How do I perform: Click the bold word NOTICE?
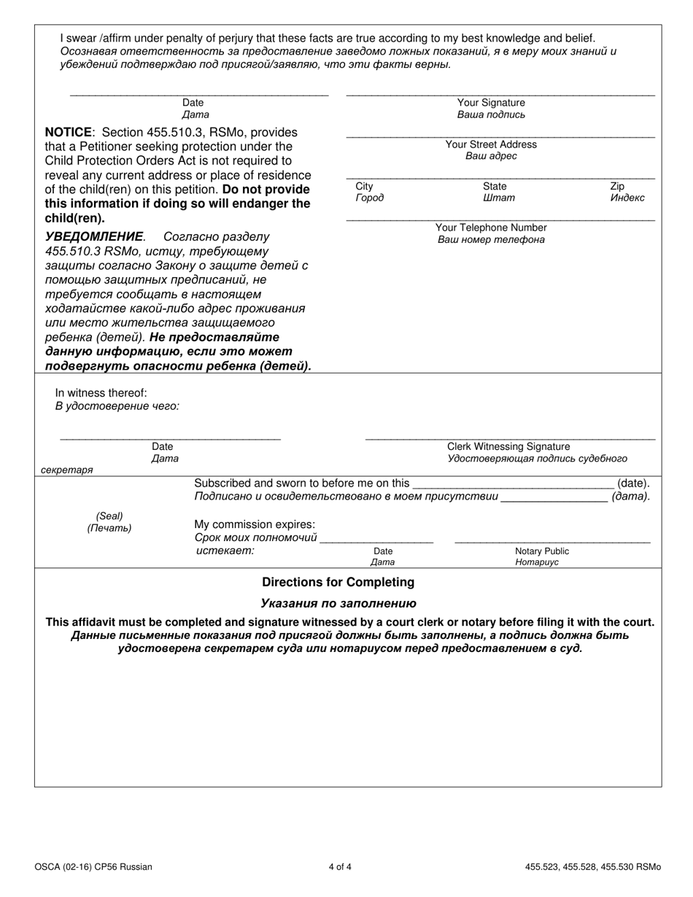tap(69, 132)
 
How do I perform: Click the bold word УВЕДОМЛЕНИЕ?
tap(95, 237)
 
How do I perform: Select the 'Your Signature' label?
tap(491, 103)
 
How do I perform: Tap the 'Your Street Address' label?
tap(491, 144)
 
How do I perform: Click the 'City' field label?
tap(364, 186)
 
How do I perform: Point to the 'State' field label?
tap(495, 186)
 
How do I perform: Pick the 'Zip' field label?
tap(617, 186)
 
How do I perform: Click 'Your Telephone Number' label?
tap(491, 228)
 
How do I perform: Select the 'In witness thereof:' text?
tap(101, 393)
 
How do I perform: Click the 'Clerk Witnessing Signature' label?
tap(508, 446)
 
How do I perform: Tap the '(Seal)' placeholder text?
tap(109, 516)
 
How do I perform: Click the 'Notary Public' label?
tap(542, 551)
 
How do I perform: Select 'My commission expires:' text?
tap(255, 524)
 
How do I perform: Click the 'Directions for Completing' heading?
tap(338, 582)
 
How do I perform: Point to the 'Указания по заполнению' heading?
tap(338, 603)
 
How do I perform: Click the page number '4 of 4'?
tap(340, 867)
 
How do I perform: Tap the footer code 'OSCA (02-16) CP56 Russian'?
tap(93, 867)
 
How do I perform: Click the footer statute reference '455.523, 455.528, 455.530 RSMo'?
tap(592, 867)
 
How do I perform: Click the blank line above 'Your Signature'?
tap(500, 93)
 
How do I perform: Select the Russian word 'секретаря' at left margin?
tap(67, 470)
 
